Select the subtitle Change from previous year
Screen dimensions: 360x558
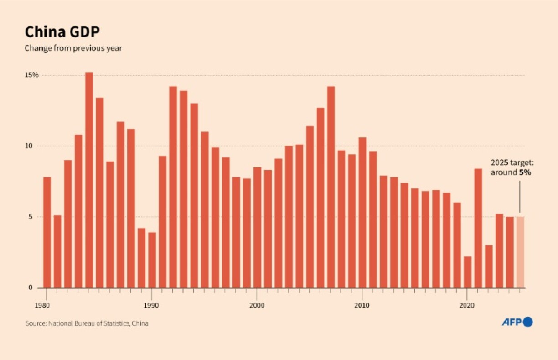click(x=73, y=48)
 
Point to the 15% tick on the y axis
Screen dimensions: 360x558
click(x=31, y=75)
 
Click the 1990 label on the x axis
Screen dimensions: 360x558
click(x=151, y=305)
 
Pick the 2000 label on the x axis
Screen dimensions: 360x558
click(x=257, y=305)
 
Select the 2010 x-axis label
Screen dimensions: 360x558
click(x=362, y=305)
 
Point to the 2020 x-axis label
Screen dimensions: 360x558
click(x=467, y=305)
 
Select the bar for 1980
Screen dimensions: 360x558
click(x=47, y=232)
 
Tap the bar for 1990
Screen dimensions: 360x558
click(x=152, y=260)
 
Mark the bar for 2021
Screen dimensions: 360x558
click(x=478, y=228)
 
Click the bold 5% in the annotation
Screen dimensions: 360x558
click(x=525, y=173)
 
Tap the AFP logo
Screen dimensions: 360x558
click(x=517, y=322)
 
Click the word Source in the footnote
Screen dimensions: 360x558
click(x=35, y=323)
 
